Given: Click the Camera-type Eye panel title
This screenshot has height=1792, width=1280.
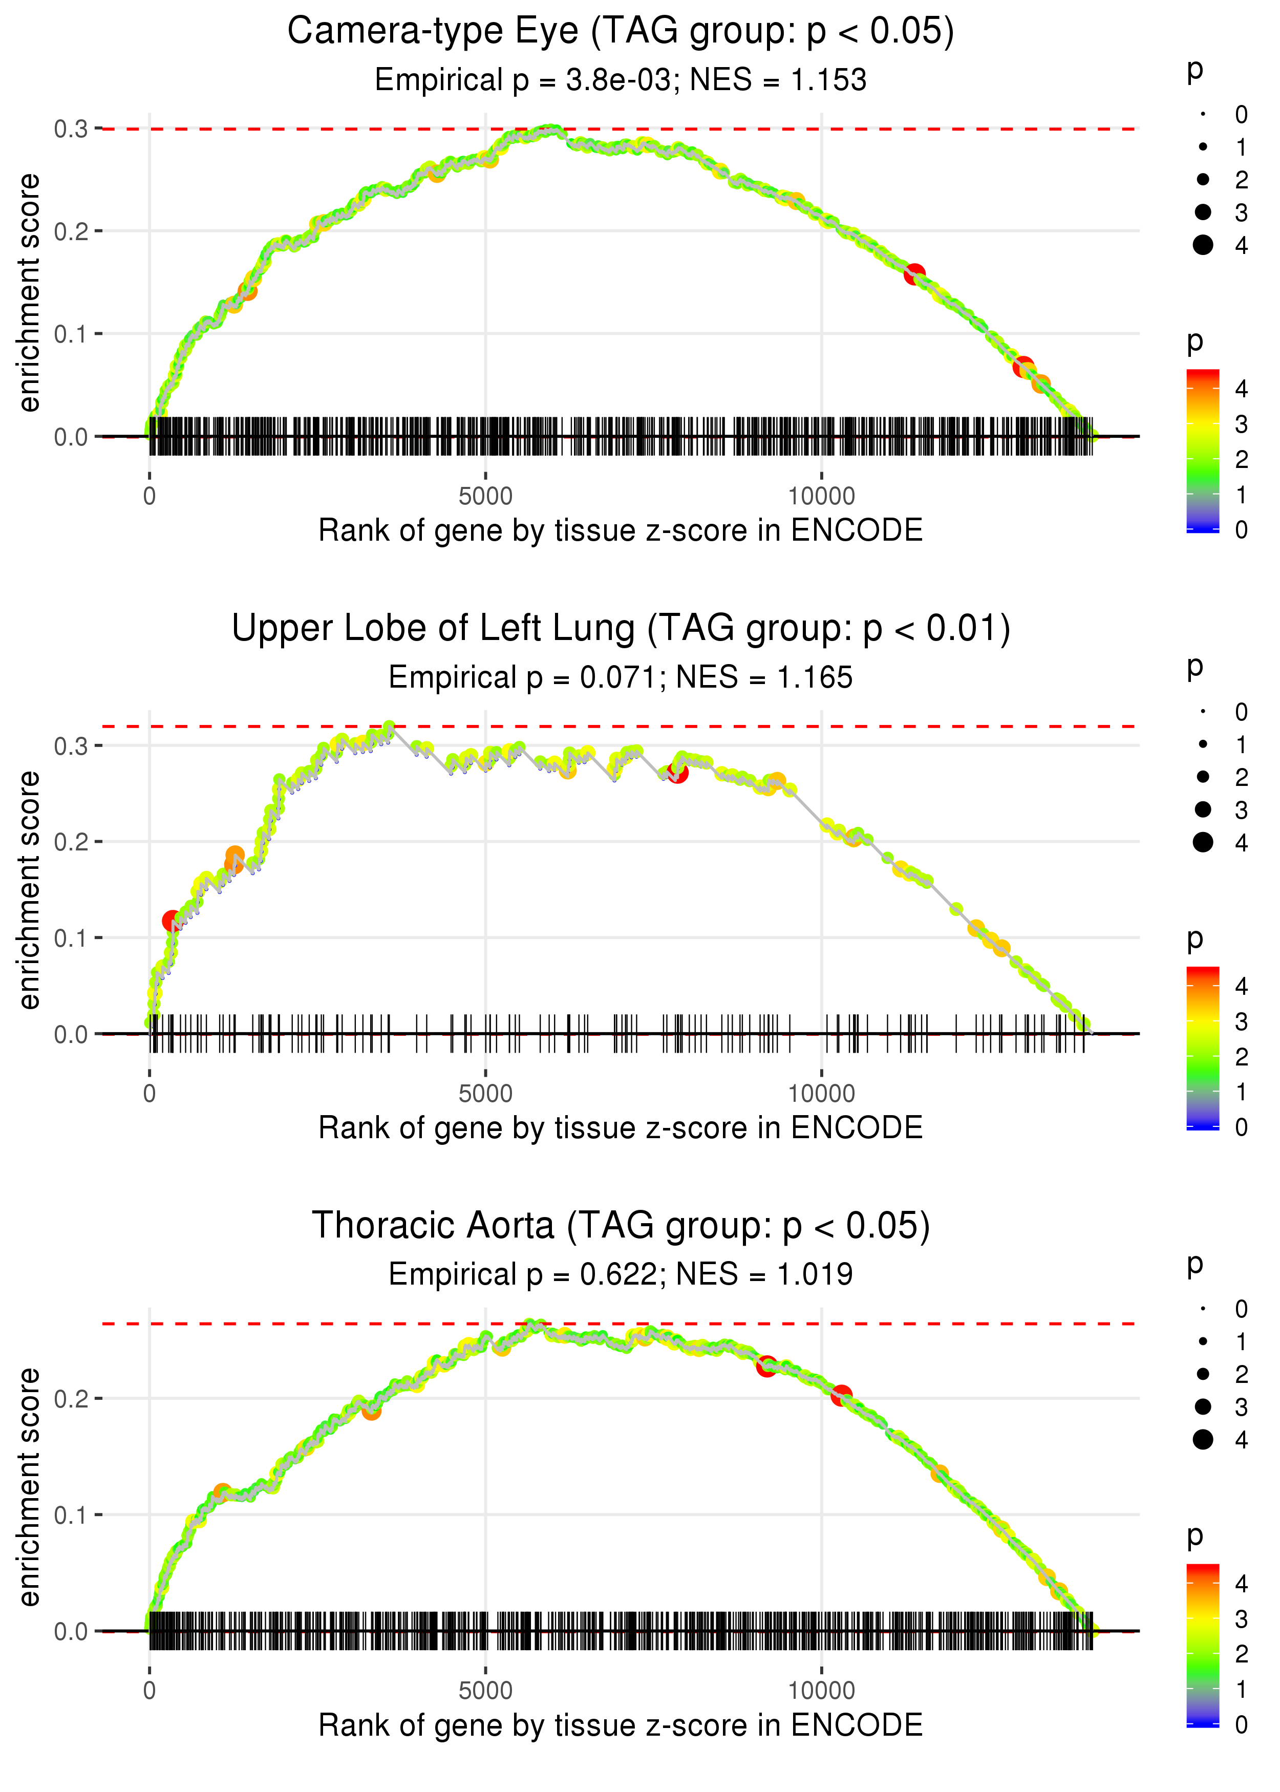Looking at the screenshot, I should pyautogui.click(x=621, y=32).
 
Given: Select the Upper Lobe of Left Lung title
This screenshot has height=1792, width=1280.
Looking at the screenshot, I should pyautogui.click(x=621, y=629).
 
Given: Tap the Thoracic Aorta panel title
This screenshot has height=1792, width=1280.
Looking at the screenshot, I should pyautogui.click(x=621, y=1225).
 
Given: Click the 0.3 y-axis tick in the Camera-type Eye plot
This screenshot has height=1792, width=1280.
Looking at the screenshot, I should pyautogui.click(x=71, y=129).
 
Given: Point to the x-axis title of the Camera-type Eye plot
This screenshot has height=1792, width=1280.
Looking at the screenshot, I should pyautogui.click(x=621, y=530).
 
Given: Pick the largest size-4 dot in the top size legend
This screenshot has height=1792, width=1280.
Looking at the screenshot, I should pyautogui.click(x=1203, y=245).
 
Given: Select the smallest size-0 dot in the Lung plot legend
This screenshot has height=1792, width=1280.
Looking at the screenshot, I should pyautogui.click(x=1203, y=712).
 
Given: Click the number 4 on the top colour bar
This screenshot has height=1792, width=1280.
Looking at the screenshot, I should pyautogui.click(x=1242, y=389).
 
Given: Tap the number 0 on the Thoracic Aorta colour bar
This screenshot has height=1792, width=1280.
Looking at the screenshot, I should pyautogui.click(x=1242, y=1725).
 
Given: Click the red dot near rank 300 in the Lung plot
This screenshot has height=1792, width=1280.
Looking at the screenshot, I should pyautogui.click(x=171, y=921).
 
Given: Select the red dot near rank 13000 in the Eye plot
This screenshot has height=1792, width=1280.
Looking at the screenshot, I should pyautogui.click(x=1023, y=367).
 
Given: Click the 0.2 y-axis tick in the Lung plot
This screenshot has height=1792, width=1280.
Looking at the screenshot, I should pyautogui.click(x=71, y=842).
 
